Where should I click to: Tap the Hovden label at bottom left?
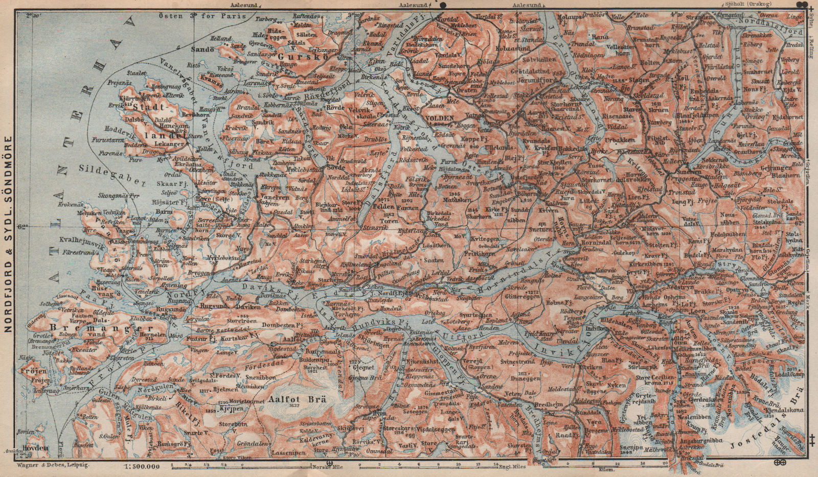pos(36,448)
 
